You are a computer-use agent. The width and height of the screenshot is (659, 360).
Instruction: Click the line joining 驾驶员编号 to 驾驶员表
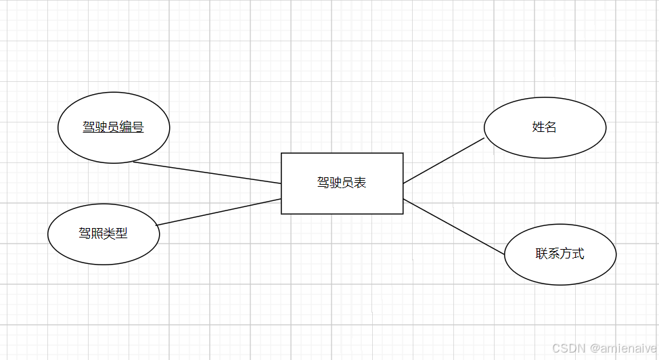(x=207, y=173)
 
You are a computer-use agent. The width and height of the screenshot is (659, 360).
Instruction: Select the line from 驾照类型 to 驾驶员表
(x=219, y=212)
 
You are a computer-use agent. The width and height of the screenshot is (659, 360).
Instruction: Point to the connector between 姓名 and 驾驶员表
(x=444, y=161)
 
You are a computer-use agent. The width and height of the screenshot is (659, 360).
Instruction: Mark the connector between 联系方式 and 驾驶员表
(x=454, y=227)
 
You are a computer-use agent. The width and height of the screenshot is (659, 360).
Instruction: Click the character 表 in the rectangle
(x=361, y=183)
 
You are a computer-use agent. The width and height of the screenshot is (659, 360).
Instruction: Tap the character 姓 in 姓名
(x=539, y=127)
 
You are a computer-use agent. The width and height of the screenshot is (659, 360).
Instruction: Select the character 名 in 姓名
(x=551, y=127)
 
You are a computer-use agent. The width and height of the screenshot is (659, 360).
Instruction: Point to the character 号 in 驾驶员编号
(x=138, y=127)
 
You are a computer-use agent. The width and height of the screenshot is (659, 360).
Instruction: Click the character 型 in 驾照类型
(x=122, y=234)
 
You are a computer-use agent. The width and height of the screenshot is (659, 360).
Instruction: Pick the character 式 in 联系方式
(x=578, y=254)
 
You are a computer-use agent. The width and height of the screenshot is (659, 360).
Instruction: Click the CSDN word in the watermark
(x=568, y=348)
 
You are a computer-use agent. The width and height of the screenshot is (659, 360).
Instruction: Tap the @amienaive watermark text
(x=622, y=348)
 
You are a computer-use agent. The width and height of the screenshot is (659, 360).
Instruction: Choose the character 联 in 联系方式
(x=542, y=254)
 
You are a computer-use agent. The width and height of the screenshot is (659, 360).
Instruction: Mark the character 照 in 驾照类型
(x=97, y=234)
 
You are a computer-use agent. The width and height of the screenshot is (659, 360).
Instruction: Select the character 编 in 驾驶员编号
(x=126, y=127)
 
